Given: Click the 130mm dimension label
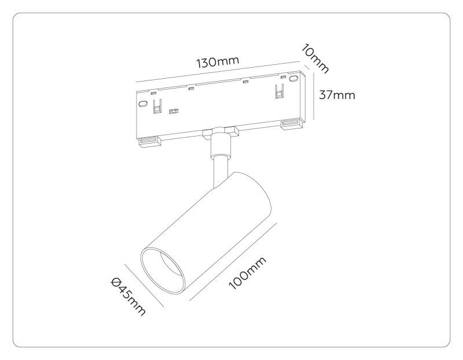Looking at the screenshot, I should click(x=218, y=62).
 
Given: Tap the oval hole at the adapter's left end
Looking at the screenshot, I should click(x=141, y=105).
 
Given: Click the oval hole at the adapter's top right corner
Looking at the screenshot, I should click(x=293, y=78).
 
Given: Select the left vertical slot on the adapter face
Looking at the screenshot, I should click(x=156, y=106).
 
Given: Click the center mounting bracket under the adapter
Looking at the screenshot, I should click(x=220, y=131).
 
